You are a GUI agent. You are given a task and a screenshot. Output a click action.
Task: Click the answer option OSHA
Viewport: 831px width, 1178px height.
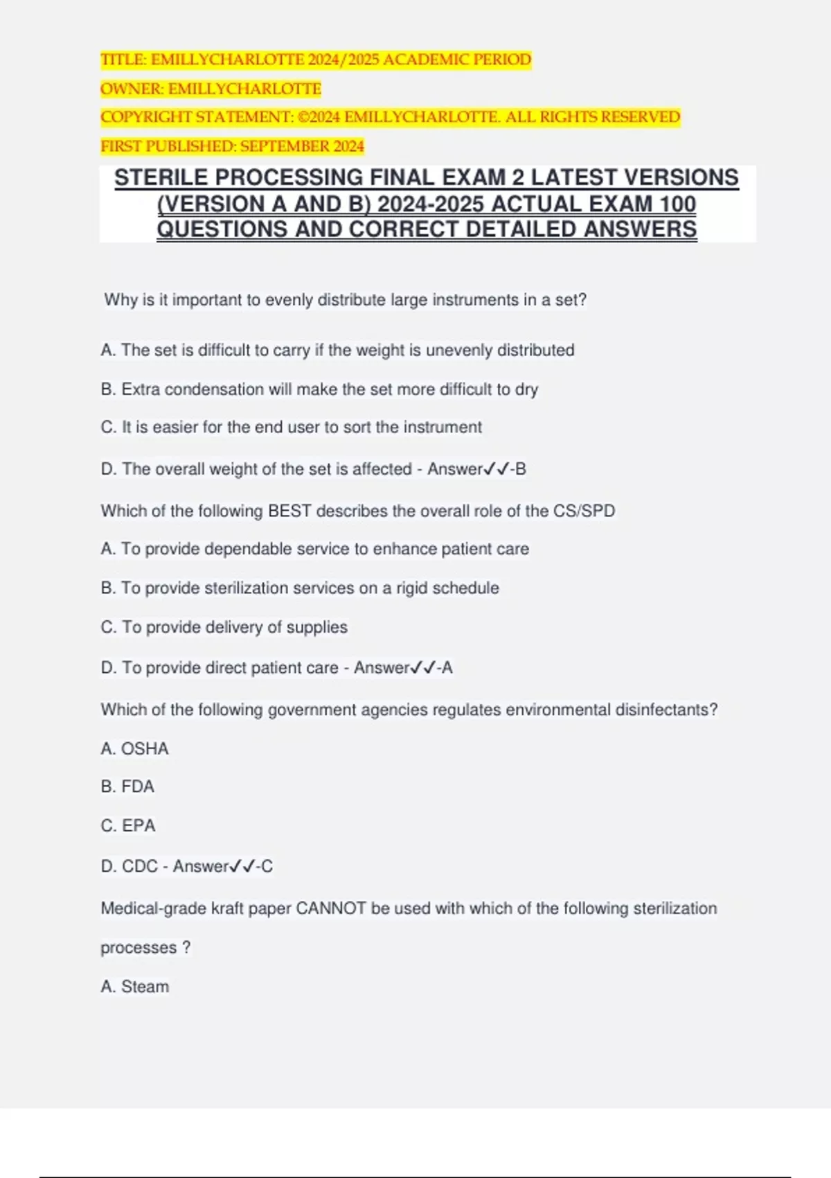(x=145, y=749)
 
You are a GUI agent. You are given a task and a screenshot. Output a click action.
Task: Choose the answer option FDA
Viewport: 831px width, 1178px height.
(x=138, y=787)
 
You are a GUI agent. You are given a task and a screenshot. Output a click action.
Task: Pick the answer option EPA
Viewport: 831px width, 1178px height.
(x=138, y=826)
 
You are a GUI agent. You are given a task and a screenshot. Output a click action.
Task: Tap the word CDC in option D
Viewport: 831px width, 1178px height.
(x=140, y=867)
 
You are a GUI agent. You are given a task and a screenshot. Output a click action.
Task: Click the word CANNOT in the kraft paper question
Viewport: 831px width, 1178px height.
(x=331, y=908)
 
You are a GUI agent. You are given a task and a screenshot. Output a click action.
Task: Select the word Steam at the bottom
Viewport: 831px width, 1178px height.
(x=145, y=987)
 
